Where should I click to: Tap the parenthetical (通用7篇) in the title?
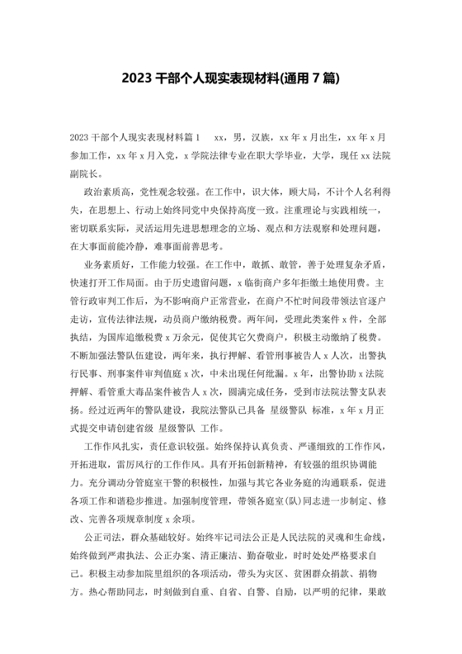[x=311, y=78]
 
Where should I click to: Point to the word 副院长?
[x=86, y=173]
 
